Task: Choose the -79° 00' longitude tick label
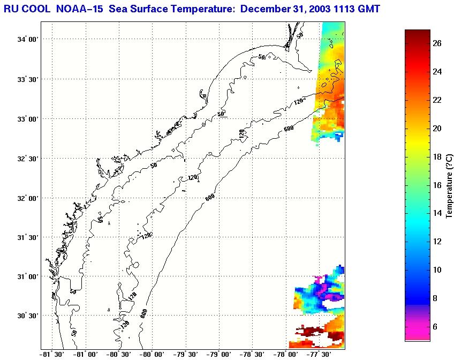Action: pos(219,354)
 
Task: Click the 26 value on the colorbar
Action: pos(437,44)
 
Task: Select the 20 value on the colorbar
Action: pos(437,129)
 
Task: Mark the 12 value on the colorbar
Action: pos(437,242)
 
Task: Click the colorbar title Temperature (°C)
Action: pos(449,185)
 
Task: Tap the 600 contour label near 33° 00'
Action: pos(290,127)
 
